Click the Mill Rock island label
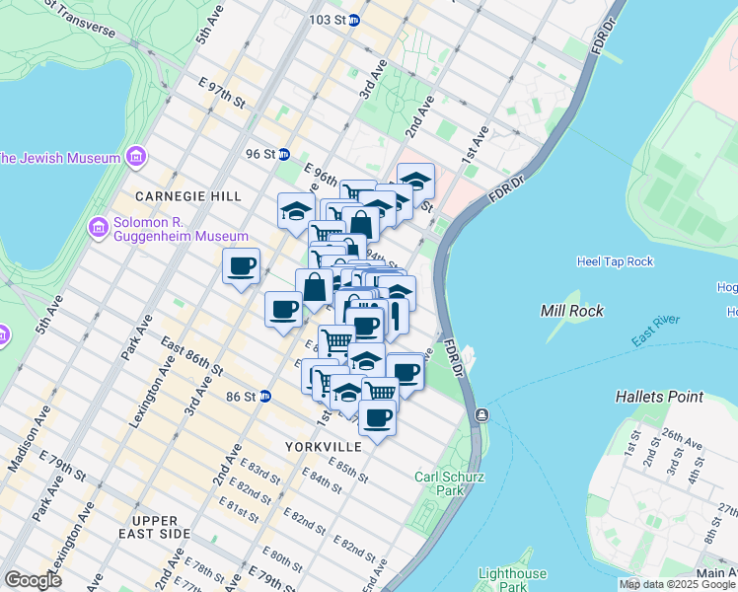(566, 311)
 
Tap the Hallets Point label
(659, 397)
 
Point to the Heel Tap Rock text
(615, 261)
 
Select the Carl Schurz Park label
(439, 482)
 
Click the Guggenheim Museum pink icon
(98, 229)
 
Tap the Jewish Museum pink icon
(136, 157)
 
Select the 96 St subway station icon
(284, 154)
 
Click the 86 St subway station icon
(264, 397)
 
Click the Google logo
(33, 580)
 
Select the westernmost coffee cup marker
(242, 265)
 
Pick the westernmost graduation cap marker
(295, 211)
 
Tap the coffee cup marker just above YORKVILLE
(376, 418)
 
